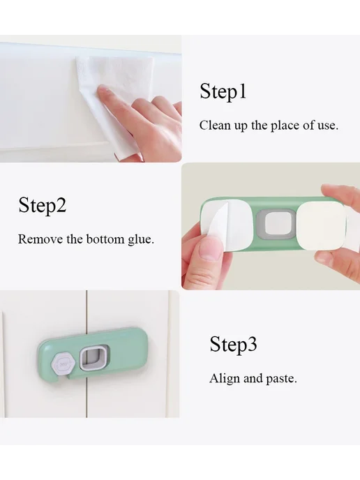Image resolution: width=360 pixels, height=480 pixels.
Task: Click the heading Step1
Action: [223, 91]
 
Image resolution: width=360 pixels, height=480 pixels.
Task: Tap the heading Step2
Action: [43, 204]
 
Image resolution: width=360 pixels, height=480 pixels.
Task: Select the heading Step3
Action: [233, 344]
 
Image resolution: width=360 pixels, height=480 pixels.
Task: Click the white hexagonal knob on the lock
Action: [63, 364]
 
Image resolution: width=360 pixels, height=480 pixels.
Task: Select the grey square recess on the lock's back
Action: [274, 224]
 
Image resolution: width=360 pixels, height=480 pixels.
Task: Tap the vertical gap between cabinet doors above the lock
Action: [87, 310]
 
